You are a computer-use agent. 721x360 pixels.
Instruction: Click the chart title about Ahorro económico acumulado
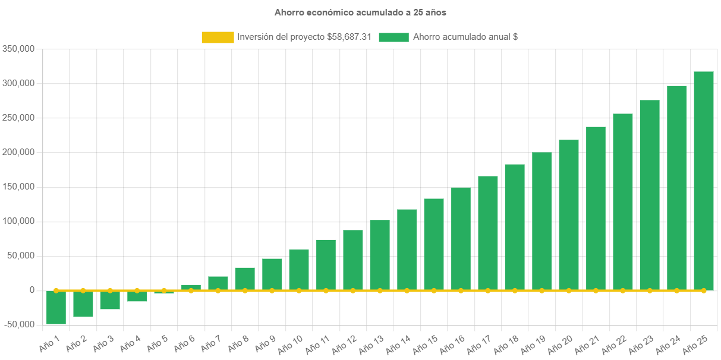point(360,12)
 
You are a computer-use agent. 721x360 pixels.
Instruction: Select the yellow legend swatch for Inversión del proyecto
point(218,37)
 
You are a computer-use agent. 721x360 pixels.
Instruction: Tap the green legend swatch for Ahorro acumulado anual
point(393,37)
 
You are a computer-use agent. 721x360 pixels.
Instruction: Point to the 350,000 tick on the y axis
point(18,49)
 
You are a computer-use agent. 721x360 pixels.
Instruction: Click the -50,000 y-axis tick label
point(18,325)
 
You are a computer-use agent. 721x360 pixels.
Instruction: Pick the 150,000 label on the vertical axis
point(18,187)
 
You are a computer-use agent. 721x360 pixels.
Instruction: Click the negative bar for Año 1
point(56,307)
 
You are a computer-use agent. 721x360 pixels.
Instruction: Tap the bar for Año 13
point(380,255)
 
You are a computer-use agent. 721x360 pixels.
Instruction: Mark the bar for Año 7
point(218,283)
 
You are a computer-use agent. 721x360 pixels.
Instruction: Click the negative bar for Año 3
point(110,300)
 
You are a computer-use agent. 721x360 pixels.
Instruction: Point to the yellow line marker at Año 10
point(299,290)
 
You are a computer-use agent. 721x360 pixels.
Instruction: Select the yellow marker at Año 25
point(704,290)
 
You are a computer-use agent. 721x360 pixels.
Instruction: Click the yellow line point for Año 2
point(83,290)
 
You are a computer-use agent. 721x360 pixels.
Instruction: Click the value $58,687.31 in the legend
point(349,37)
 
